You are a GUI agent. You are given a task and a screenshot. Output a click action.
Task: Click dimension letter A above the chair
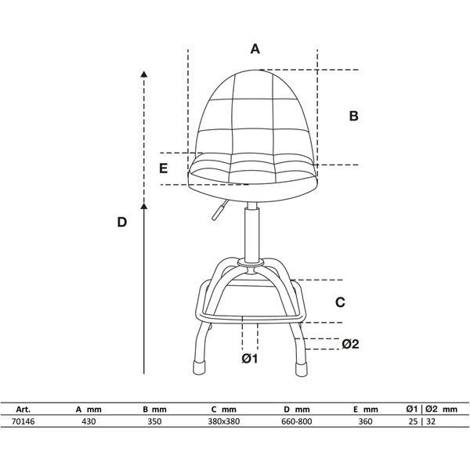[x=255, y=49]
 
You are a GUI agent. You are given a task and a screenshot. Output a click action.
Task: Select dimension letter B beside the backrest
[x=354, y=116]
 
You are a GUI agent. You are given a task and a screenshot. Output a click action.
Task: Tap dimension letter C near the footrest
[x=340, y=302]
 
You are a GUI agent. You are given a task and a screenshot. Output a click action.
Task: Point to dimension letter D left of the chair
[x=122, y=222]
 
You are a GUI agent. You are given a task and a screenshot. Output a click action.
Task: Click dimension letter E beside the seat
[x=163, y=168]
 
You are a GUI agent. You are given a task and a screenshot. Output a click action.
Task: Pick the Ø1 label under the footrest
[x=250, y=359]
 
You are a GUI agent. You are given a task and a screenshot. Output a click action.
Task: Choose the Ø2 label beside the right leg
[x=350, y=344]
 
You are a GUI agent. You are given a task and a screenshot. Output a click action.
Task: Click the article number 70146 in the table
[x=23, y=421]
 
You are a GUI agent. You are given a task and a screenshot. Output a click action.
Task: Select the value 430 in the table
[x=89, y=421]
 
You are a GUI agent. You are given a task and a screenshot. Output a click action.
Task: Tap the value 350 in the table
[x=154, y=421]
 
